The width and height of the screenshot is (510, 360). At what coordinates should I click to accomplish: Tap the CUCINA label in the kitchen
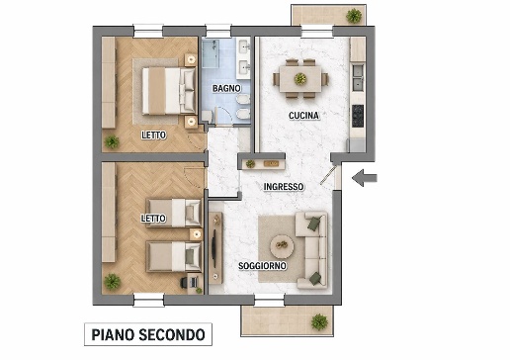point(302,116)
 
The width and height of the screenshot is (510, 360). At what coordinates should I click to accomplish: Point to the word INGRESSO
point(284,187)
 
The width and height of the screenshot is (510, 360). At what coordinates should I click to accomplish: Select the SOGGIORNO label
point(262,267)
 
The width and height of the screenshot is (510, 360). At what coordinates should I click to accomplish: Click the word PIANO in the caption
point(112,334)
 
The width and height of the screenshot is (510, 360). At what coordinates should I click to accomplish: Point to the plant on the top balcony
point(354,15)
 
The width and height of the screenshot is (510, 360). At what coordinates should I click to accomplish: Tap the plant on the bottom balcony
point(318,321)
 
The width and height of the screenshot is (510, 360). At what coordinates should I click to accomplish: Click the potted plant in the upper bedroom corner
point(112,141)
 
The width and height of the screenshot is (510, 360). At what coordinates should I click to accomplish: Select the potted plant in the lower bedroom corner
point(114,282)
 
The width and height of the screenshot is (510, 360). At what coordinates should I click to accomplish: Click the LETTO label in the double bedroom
point(153,135)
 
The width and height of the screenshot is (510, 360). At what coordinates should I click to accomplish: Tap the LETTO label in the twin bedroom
point(153,219)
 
